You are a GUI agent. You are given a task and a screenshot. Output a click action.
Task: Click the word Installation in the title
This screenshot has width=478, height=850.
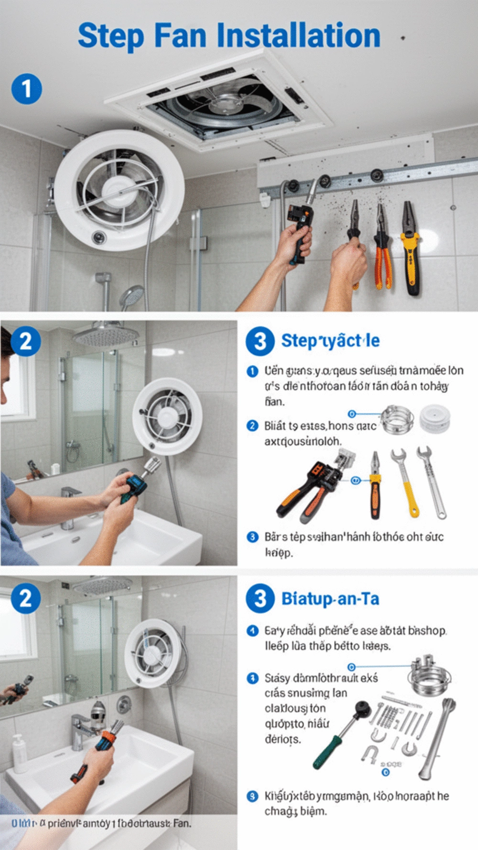pyautogui.click(x=298, y=36)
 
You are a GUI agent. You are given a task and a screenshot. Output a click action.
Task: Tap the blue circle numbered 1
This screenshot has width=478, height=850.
pyautogui.click(x=27, y=89)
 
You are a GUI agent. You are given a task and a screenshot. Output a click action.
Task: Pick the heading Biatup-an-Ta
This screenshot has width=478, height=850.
pyautogui.click(x=330, y=599)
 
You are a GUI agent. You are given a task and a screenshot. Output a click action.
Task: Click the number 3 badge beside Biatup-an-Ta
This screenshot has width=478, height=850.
pyautogui.click(x=260, y=599)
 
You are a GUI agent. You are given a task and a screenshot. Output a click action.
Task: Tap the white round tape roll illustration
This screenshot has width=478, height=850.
pyautogui.click(x=435, y=418)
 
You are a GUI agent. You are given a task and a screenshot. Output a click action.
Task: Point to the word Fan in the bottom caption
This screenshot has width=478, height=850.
pyautogui.click(x=181, y=823)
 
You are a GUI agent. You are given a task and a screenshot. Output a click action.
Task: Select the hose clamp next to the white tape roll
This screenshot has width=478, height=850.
pyautogui.click(x=397, y=418)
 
